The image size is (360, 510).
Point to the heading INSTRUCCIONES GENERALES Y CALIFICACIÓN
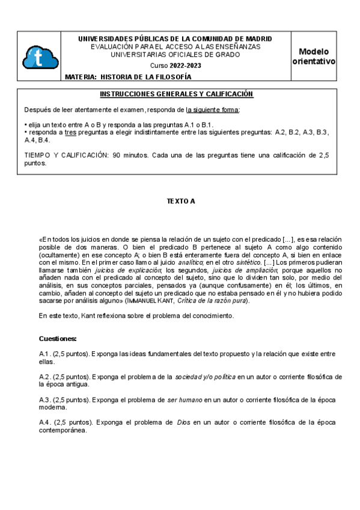coord(176,94)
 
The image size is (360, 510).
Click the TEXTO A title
coord(181,201)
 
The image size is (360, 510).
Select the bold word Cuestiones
coord(58,339)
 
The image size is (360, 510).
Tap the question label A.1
coord(44,354)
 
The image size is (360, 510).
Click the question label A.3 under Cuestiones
coord(44,399)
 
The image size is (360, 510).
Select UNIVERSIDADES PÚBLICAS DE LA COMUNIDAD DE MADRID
coord(175,38)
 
